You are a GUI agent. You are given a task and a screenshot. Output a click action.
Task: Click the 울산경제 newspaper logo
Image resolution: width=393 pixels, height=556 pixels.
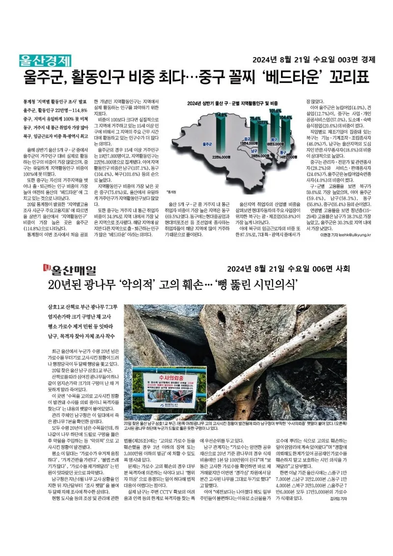pos(45,60)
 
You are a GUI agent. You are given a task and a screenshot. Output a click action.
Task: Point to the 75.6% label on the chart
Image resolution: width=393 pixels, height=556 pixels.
pos(255,119)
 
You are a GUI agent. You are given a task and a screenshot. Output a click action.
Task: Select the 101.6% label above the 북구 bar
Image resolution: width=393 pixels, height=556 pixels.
pos(276,111)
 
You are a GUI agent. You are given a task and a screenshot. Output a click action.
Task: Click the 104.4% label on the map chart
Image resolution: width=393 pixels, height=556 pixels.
pos(286,118)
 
